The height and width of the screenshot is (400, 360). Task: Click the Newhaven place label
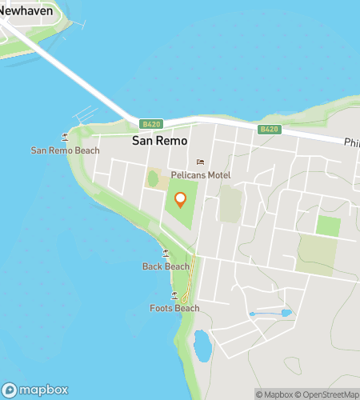tap(31, 10)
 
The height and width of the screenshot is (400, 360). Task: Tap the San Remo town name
tap(156, 140)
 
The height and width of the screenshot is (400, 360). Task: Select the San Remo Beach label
tap(66, 150)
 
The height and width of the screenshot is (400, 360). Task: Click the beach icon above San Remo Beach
tap(65, 137)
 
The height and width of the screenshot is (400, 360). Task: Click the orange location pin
tap(180, 199)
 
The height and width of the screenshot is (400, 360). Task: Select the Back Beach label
tap(166, 266)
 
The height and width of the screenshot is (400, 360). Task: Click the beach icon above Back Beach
tap(166, 253)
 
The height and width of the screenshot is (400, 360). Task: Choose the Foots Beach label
tap(174, 308)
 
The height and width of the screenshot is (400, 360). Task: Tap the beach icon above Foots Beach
tap(174, 295)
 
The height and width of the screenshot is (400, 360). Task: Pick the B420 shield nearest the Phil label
tap(269, 129)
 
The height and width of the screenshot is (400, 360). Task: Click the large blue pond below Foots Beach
tap(202, 346)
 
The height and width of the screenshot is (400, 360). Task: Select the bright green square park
tap(327, 226)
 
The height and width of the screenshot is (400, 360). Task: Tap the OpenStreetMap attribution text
tap(328, 394)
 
